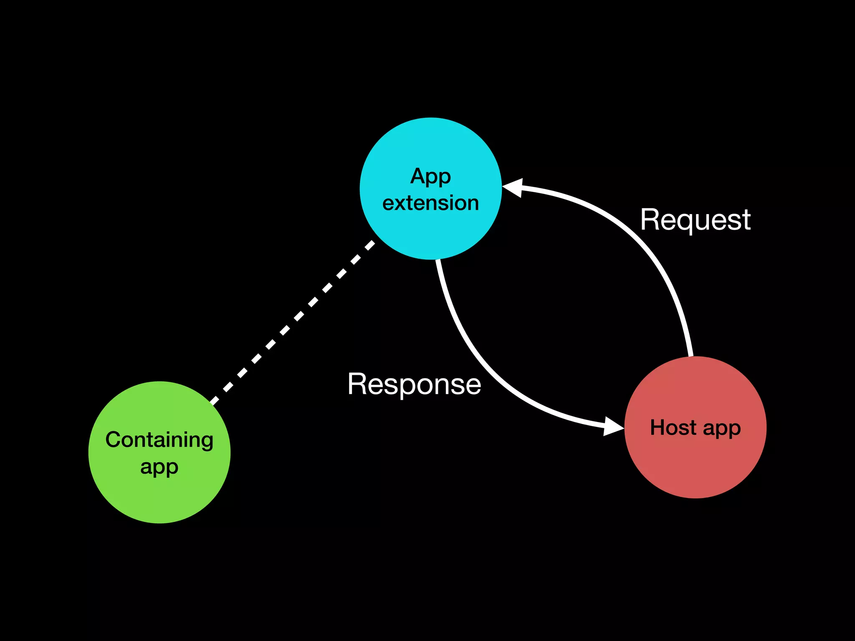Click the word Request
pos(695,220)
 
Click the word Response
pos(414,384)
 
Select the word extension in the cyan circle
pos(430,203)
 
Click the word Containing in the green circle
pos(159,440)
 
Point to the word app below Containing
pos(159,467)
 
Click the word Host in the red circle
pos(673,428)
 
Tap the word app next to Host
pos(722,429)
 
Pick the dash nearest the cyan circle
pos(370,245)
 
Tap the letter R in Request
pos(650,220)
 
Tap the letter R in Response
pos(357,384)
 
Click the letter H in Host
pos(658,427)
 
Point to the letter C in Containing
pos(113,440)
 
